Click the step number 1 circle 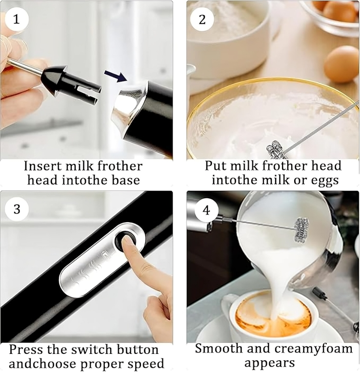click(17, 19)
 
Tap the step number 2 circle click(202, 19)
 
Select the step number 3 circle click(17, 209)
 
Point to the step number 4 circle click(206, 210)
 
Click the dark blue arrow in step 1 click(116, 76)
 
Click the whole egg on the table click(341, 64)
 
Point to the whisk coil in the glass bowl click(275, 149)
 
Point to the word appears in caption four click(269, 363)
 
